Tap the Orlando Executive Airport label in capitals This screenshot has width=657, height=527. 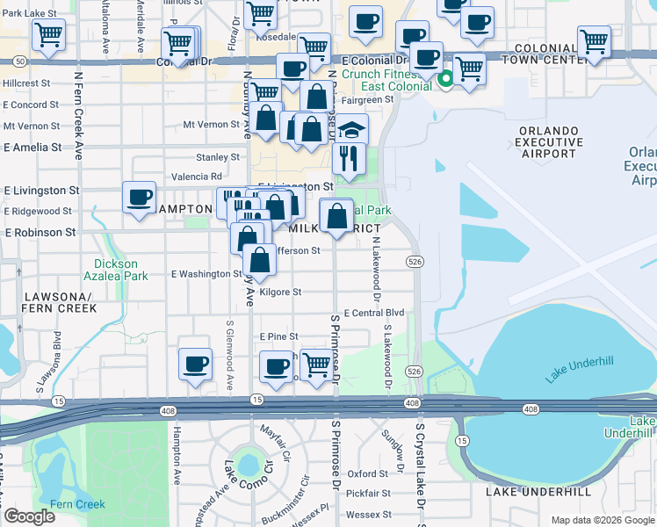click(549, 142)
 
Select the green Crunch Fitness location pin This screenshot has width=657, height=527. click(445, 80)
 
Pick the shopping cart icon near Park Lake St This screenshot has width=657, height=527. click(48, 36)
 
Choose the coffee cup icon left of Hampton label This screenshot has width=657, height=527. click(139, 197)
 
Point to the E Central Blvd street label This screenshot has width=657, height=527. click(373, 313)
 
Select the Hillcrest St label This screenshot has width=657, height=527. click(28, 83)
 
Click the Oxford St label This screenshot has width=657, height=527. click(367, 473)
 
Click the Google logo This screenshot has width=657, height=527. click(29, 516)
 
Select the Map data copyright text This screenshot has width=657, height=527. click(603, 520)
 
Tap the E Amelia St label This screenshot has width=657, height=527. click(32, 148)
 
